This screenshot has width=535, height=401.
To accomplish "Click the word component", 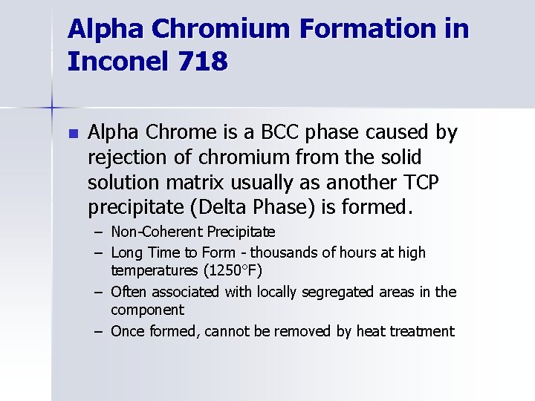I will coord(147,310).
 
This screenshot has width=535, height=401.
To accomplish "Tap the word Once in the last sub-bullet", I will coord(128,331).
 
